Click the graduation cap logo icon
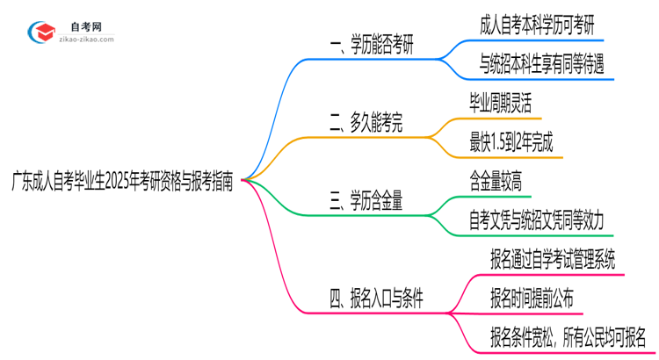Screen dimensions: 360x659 (41, 32)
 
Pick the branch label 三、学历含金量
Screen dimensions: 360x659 (366, 201)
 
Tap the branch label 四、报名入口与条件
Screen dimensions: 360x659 (376, 299)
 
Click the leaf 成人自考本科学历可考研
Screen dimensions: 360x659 (538, 26)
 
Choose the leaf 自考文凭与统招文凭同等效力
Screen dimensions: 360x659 (536, 219)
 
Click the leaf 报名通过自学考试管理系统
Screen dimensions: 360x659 (554, 259)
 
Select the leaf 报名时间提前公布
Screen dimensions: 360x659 (532, 298)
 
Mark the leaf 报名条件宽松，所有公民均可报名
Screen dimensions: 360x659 (568, 335)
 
